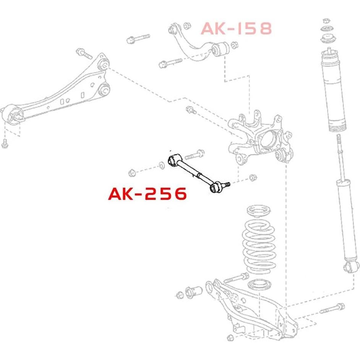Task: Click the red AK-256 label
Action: tap(148, 194)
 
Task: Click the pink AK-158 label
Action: tap(236, 29)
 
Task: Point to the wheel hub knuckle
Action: tap(260, 136)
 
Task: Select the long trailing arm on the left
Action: tap(57, 92)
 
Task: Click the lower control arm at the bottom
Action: tap(248, 310)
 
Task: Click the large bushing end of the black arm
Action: tap(174, 158)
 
